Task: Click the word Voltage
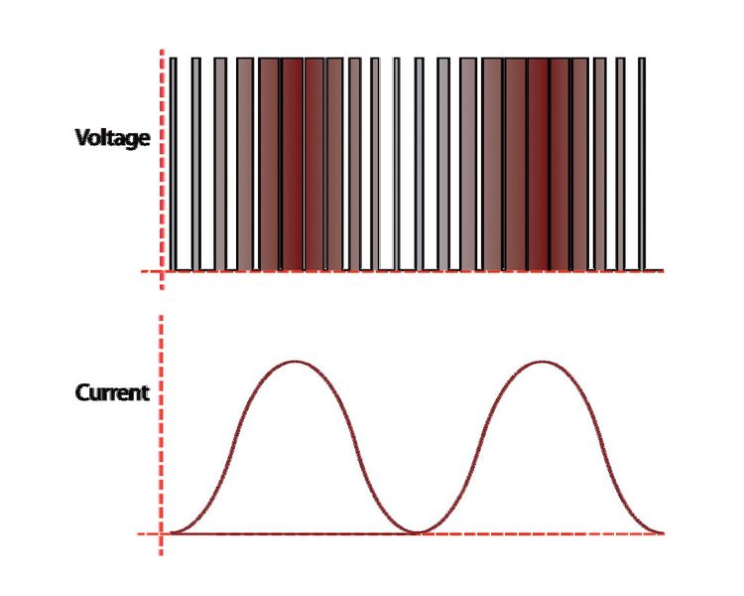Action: (112, 138)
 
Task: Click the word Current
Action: (112, 393)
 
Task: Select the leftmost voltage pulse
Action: (174, 165)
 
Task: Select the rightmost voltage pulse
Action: (642, 165)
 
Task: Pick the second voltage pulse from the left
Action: (196, 165)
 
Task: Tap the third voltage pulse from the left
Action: (220, 165)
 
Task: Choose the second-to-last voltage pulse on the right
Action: (620, 165)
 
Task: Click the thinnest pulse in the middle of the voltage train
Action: (397, 165)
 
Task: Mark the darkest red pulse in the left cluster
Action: (292, 165)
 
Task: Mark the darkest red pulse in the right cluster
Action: (538, 165)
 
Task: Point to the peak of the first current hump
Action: (296, 362)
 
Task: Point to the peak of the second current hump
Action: (542, 362)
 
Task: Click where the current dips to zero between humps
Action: (417, 532)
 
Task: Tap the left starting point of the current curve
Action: (171, 532)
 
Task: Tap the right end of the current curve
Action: (663, 532)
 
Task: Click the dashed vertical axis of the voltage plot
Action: (162, 169)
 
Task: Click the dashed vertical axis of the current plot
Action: (161, 434)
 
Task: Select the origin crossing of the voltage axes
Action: (162, 271)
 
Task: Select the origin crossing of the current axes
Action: (161, 533)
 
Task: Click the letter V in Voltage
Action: (82, 137)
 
